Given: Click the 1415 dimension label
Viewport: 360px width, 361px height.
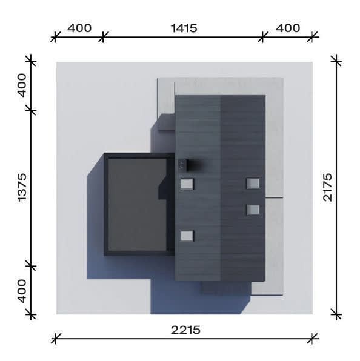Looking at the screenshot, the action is (184, 28).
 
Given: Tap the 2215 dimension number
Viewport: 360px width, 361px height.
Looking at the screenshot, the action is (185, 330).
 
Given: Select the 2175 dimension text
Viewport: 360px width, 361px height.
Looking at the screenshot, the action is (327, 187).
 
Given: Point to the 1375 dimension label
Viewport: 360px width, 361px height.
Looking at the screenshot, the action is (22, 188).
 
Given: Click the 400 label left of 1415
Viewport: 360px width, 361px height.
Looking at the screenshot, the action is (79, 28).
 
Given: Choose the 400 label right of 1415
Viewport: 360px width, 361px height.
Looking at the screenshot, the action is (288, 28).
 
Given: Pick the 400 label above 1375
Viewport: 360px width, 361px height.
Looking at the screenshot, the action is (22, 85).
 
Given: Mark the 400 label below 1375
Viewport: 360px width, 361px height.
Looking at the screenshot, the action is (22, 291).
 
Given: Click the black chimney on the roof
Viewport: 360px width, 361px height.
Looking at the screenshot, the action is (184, 165).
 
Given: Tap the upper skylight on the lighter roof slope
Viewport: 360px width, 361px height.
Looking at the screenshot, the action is (187, 184).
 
